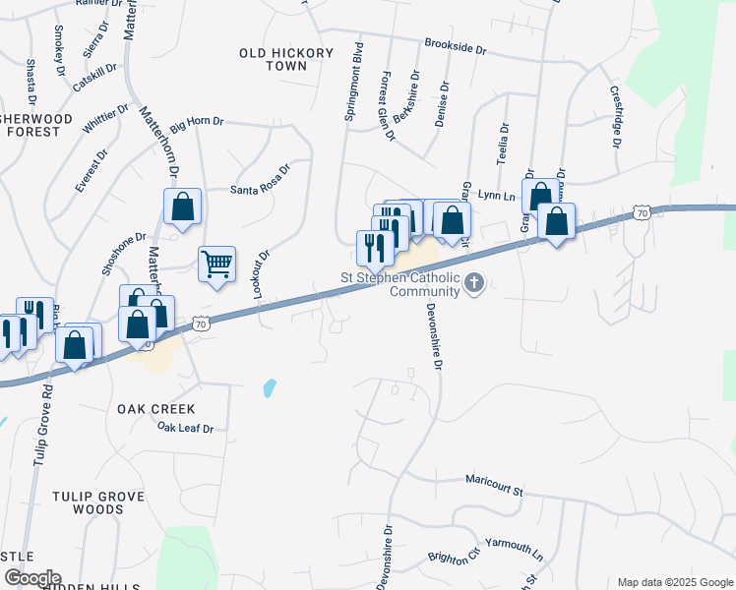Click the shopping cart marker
click(x=216, y=264)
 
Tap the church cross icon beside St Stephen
click(x=474, y=284)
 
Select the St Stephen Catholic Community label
click(x=399, y=284)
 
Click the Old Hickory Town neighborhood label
click(x=274, y=59)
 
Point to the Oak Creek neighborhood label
click(x=156, y=408)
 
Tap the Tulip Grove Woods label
click(x=88, y=502)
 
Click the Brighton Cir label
click(x=453, y=555)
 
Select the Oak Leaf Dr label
click(x=185, y=428)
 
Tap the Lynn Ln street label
click(x=497, y=196)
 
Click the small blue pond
click(x=270, y=387)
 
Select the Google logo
click(x=31, y=578)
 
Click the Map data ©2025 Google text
click(x=675, y=582)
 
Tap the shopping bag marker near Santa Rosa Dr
click(x=182, y=206)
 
